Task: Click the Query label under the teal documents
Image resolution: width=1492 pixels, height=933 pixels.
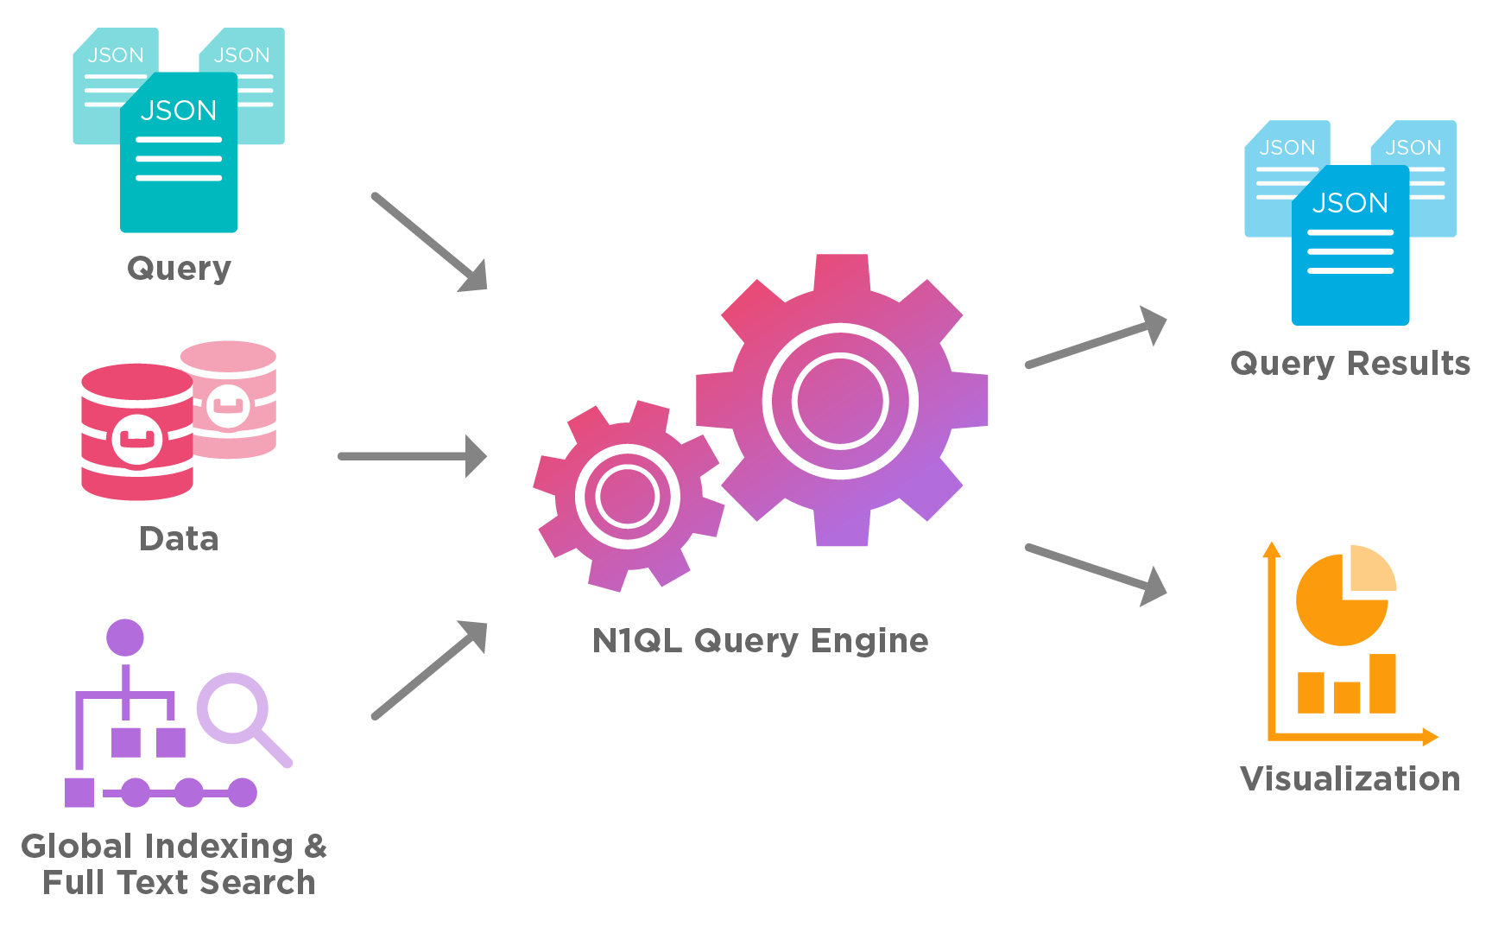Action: [x=179, y=269]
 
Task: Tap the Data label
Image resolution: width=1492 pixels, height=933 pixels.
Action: [x=179, y=539]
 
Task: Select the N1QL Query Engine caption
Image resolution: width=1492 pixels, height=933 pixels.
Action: [x=760, y=641]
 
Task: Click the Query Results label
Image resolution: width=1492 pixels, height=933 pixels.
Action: [x=1350, y=364]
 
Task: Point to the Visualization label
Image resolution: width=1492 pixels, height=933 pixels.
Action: [x=1350, y=779]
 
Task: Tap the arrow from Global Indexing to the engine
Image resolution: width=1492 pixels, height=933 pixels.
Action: [x=427, y=670]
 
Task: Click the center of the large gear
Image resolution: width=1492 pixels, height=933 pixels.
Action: [x=841, y=401]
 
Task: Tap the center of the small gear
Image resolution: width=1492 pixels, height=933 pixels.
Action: [x=628, y=497]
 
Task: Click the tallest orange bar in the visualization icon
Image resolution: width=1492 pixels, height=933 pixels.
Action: [x=1382, y=683]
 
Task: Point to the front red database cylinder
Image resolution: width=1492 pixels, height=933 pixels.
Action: [x=136, y=432]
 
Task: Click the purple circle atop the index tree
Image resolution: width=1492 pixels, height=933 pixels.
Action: [x=125, y=638]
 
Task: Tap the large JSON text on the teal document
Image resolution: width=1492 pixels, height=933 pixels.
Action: [x=179, y=111]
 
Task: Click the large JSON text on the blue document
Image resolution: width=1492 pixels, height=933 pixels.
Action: [x=1350, y=203]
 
